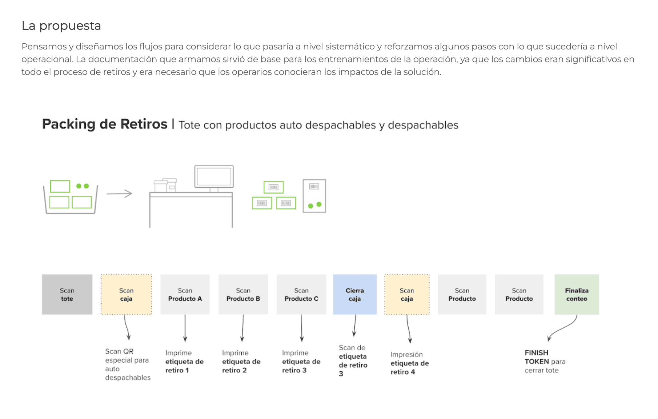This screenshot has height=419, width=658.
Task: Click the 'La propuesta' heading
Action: pyautogui.click(x=61, y=26)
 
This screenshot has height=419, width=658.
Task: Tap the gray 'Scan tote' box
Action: pyautogui.click(x=67, y=295)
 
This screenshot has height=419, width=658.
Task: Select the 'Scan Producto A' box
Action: pyautogui.click(x=185, y=295)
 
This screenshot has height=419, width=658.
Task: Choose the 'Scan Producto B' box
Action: pyautogui.click(x=243, y=295)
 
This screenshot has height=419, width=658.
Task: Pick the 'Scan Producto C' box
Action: pyautogui.click(x=301, y=295)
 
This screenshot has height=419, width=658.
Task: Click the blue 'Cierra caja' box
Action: pyautogui.click(x=354, y=295)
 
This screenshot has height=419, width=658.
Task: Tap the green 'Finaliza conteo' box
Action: pyautogui.click(x=577, y=295)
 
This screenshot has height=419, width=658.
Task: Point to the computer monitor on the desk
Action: pyautogui.click(x=214, y=177)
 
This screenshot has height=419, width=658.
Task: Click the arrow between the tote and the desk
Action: pyautogui.click(x=119, y=193)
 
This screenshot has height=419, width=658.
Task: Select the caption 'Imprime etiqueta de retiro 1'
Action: pyautogui.click(x=184, y=362)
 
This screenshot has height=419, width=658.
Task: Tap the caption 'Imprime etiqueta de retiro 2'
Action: pyautogui.click(x=241, y=362)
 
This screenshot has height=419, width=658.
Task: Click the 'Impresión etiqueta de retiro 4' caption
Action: pyautogui.click(x=409, y=363)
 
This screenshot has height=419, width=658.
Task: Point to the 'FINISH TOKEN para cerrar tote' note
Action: pyautogui.click(x=545, y=362)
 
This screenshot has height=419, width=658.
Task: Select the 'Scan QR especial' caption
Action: pyautogui.click(x=127, y=364)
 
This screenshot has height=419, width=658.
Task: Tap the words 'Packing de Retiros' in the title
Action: pyautogui.click(x=105, y=124)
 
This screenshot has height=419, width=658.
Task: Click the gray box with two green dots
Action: pyautogui.click(x=314, y=196)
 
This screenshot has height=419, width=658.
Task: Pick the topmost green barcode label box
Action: pyautogui.click(x=273, y=187)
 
